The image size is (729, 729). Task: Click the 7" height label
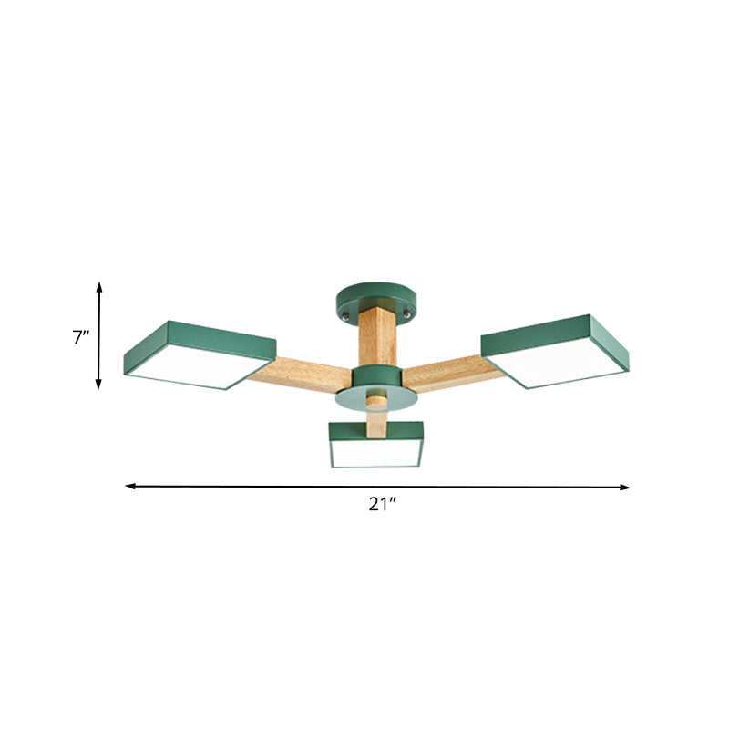click(81, 336)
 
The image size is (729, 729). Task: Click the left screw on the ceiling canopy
click(345, 315)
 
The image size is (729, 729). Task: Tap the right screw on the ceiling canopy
click(404, 314)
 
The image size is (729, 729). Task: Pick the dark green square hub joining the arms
click(375, 375)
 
